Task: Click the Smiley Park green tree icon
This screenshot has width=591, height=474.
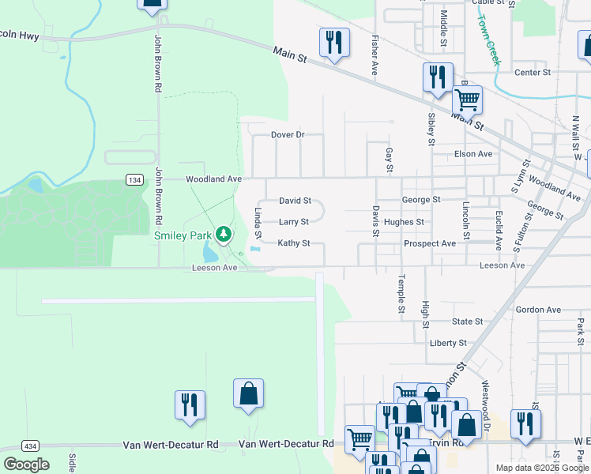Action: (224, 233)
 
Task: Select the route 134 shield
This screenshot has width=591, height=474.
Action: (134, 179)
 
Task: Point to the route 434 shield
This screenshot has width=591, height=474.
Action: (31, 446)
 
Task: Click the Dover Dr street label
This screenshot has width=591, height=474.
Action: (288, 134)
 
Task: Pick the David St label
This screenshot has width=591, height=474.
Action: (295, 201)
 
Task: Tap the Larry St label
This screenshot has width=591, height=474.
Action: (293, 222)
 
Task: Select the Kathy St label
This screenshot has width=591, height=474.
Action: (293, 243)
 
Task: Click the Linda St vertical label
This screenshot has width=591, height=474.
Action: (258, 224)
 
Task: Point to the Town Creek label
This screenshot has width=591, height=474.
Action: (489, 41)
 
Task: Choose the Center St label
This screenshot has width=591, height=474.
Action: (532, 73)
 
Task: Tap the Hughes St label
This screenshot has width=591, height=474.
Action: (404, 222)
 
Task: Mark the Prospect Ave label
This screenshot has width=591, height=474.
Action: (429, 243)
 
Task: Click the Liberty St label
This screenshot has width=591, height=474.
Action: (448, 343)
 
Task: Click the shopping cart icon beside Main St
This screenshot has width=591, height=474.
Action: (467, 100)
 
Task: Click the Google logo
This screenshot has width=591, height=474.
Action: (26, 465)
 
